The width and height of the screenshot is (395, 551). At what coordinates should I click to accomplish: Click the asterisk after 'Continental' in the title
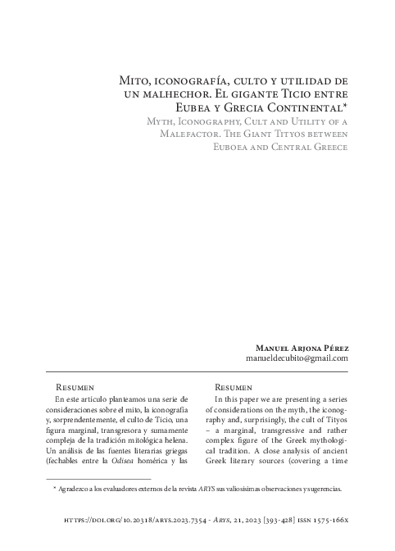click(x=347, y=105)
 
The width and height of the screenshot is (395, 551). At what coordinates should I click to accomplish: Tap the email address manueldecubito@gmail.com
click(x=297, y=359)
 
